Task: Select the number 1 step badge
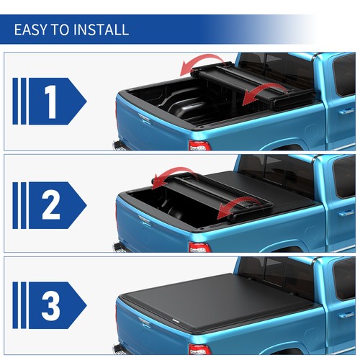coord(50,103)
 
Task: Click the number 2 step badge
coord(50,205)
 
